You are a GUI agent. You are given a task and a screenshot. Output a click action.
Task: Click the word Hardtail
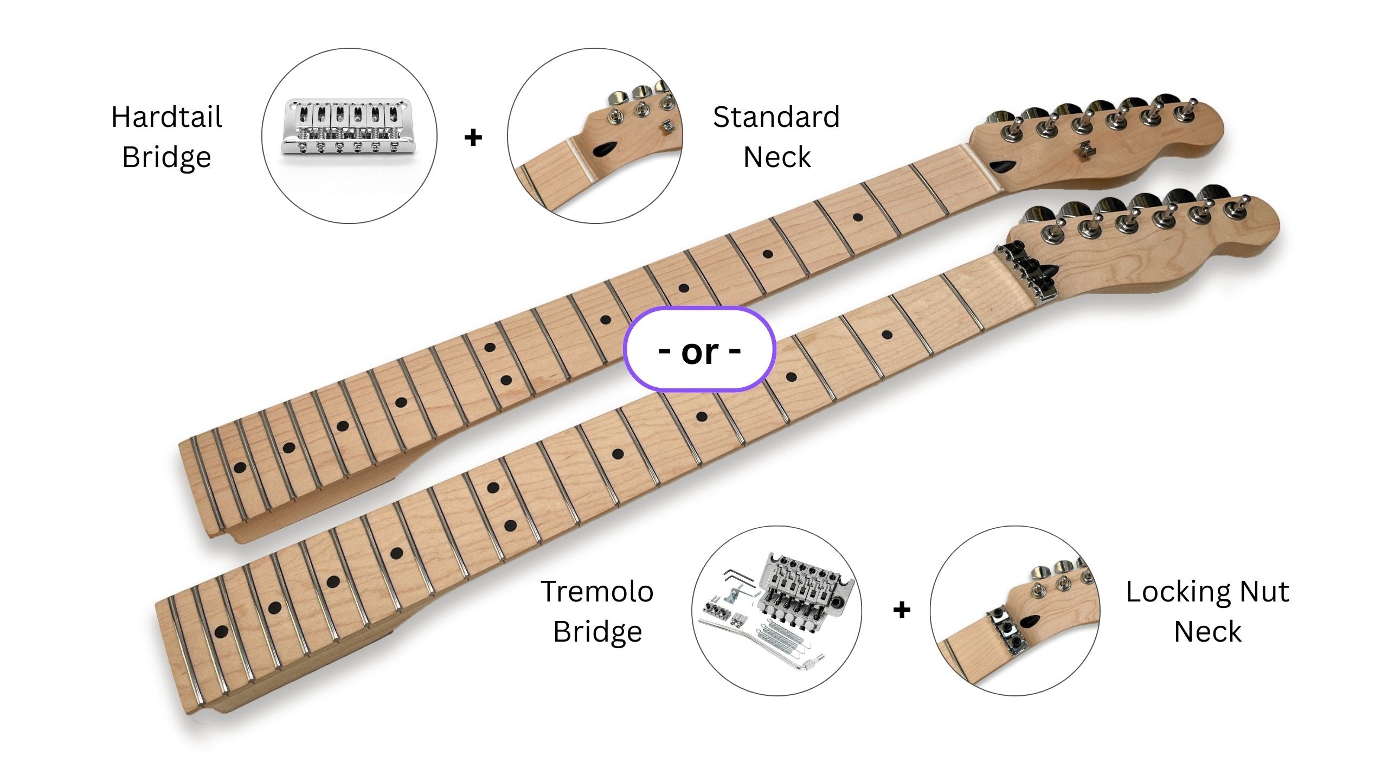(x=166, y=117)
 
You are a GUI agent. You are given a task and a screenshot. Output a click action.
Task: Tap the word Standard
(x=776, y=117)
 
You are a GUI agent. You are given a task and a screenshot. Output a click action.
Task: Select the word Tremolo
(x=597, y=592)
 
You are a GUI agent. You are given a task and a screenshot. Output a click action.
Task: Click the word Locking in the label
(x=1176, y=592)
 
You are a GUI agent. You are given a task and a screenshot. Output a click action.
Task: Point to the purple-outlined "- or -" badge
(x=699, y=350)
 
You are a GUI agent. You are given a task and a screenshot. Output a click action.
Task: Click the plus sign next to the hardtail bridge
(x=473, y=137)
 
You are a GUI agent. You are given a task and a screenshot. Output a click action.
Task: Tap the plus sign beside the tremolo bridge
(x=902, y=610)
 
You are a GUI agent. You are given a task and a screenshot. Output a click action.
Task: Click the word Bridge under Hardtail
(x=166, y=157)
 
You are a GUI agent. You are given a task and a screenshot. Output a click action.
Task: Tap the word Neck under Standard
(x=776, y=157)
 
